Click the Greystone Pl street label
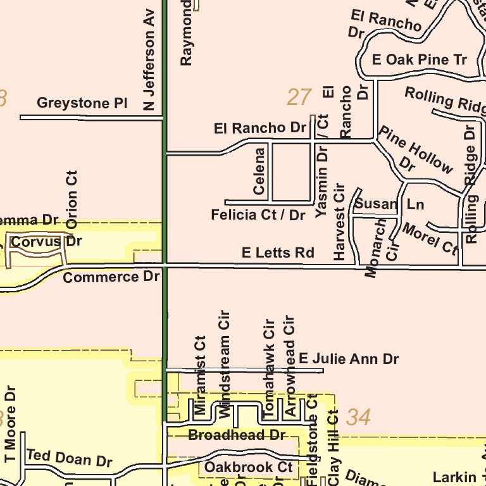(x=82, y=103)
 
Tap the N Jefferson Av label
(x=149, y=60)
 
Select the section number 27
(x=299, y=97)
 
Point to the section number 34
(x=359, y=418)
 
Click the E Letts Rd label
(x=278, y=253)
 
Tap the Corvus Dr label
(x=47, y=242)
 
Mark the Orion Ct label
(x=72, y=199)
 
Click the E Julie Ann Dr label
(x=349, y=359)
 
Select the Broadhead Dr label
(x=237, y=435)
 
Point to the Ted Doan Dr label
(x=69, y=458)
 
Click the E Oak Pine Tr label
(x=420, y=60)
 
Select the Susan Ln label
(x=389, y=204)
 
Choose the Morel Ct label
(x=429, y=238)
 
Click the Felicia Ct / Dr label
(x=258, y=215)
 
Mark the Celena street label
(x=259, y=171)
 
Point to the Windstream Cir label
(x=223, y=363)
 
